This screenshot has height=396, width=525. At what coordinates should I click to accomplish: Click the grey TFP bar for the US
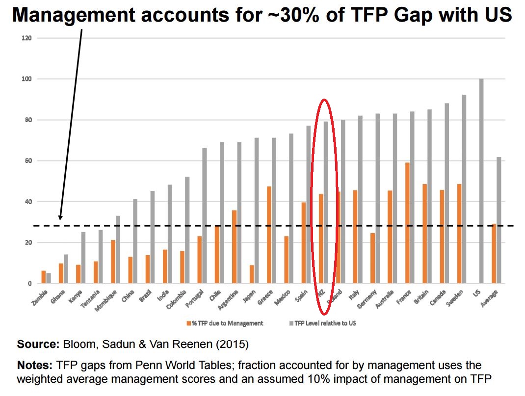(x=481, y=181)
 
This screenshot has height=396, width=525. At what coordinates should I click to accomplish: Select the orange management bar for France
(x=407, y=223)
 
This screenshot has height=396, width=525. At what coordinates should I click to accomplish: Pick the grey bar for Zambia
(x=49, y=278)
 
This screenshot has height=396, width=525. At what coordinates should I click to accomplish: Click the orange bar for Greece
(x=269, y=235)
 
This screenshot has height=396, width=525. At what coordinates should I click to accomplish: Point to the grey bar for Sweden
(x=464, y=189)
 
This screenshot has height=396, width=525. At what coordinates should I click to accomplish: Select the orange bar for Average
(x=494, y=254)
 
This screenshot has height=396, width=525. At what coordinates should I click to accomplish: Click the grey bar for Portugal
(x=205, y=216)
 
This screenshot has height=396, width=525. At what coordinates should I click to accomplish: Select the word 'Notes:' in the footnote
(x=35, y=366)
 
